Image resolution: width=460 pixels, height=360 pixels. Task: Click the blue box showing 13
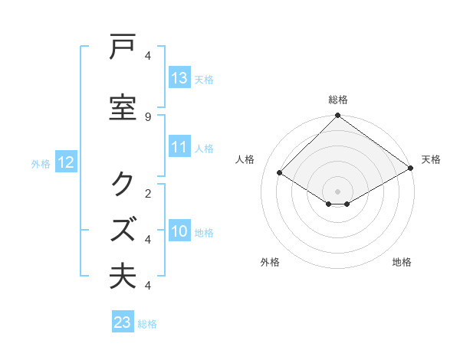click(179, 78)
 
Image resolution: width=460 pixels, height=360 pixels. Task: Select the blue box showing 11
click(179, 148)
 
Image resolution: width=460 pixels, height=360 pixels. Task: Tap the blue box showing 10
click(179, 232)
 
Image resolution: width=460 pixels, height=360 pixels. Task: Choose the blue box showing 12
click(65, 162)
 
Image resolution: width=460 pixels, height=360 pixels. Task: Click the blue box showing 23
click(123, 322)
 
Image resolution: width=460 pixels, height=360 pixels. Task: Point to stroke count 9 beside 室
click(147, 117)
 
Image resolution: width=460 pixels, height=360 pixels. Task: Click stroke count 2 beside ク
click(147, 193)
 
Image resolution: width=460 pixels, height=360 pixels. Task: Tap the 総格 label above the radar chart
click(338, 100)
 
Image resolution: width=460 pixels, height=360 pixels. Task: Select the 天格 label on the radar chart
click(431, 159)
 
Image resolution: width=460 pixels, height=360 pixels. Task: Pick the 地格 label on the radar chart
click(402, 262)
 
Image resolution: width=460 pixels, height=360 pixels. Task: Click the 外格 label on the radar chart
click(270, 262)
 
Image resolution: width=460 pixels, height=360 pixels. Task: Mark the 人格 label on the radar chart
click(245, 159)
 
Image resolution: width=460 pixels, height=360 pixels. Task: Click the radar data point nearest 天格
click(411, 168)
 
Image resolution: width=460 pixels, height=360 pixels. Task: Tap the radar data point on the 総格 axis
click(338, 116)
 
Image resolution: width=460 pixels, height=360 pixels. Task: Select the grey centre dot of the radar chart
click(338, 191)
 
